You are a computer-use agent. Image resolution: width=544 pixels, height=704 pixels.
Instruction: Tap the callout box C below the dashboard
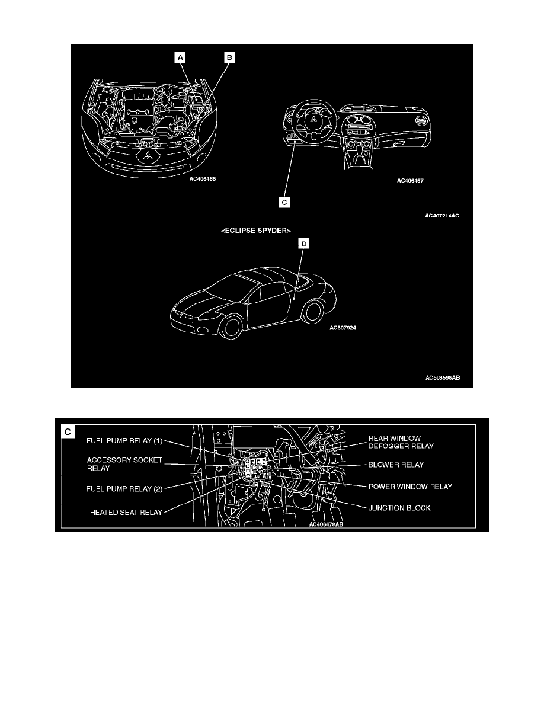pyautogui.click(x=284, y=202)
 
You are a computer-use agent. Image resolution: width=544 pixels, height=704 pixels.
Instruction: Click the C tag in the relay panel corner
pyautogui.click(x=69, y=432)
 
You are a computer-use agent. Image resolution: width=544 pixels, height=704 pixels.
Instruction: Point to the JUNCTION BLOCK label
pyautogui.click(x=399, y=508)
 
